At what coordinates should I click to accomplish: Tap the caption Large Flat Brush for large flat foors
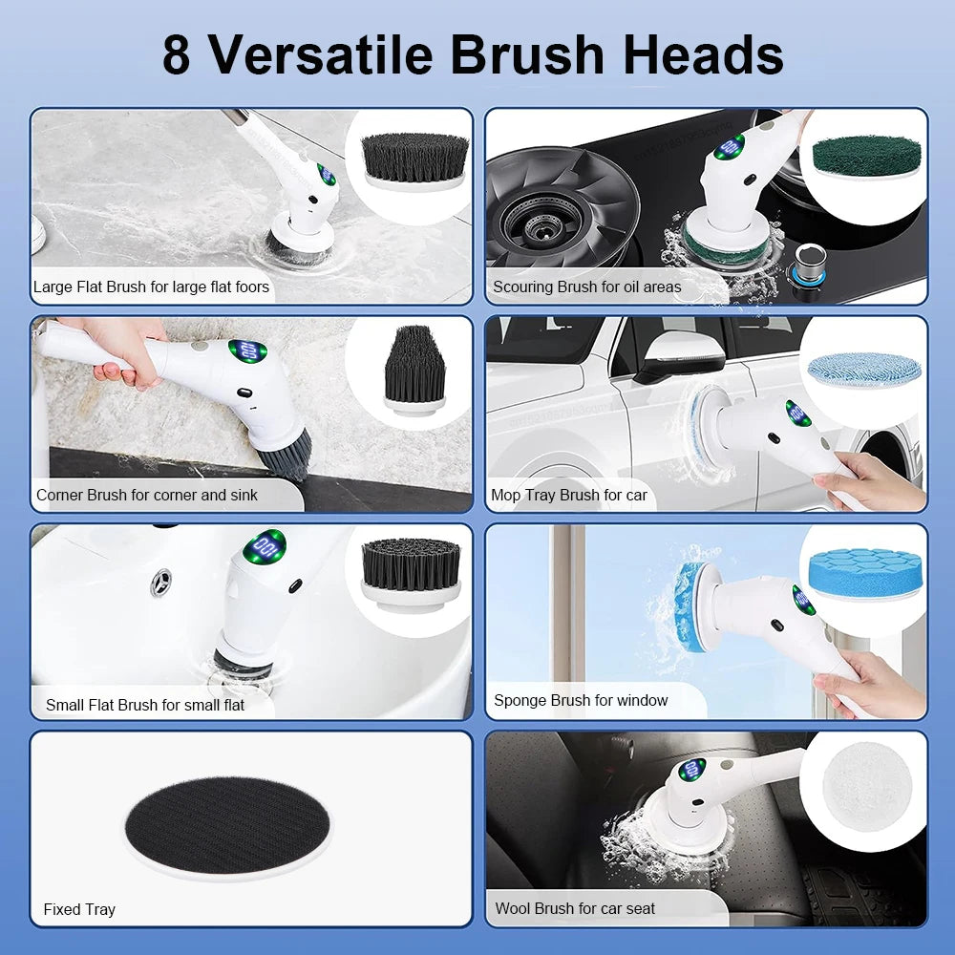(x=151, y=286)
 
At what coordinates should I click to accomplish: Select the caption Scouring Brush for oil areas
(x=586, y=286)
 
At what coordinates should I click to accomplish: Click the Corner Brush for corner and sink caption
(x=146, y=495)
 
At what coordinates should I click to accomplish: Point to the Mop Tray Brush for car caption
(x=568, y=495)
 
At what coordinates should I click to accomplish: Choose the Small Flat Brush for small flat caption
(x=144, y=705)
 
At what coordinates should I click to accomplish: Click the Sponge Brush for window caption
(x=580, y=700)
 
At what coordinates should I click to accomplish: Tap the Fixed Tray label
(x=78, y=909)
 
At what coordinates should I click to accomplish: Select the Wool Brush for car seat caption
(x=574, y=908)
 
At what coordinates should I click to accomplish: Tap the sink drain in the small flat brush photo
(x=161, y=582)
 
